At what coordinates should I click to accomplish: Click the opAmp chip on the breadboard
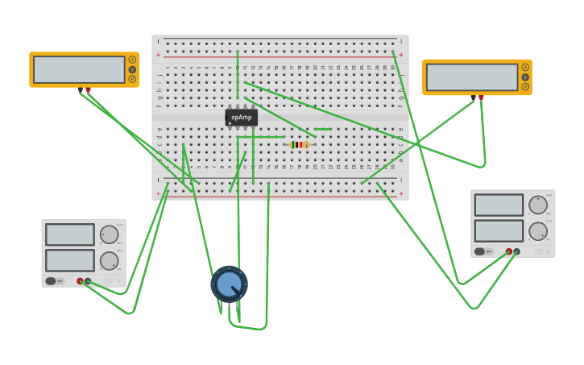(241, 118)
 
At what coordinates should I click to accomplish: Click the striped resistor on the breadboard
(300, 144)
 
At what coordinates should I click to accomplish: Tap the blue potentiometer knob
(229, 284)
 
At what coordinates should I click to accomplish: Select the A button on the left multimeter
(132, 60)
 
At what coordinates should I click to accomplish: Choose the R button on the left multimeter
(132, 79)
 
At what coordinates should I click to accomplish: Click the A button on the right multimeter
(525, 68)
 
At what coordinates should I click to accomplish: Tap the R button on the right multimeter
(525, 86)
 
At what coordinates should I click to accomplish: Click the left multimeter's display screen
(79, 69)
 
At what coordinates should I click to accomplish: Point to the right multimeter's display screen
(471, 77)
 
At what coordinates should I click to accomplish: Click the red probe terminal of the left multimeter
(88, 89)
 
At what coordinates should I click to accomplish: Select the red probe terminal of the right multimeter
(481, 97)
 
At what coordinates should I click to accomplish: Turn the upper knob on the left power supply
(109, 234)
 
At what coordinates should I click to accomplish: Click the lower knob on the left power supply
(109, 260)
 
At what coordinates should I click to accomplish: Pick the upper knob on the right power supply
(537, 205)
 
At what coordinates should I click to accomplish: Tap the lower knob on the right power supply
(537, 231)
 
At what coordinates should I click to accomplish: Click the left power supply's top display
(70, 234)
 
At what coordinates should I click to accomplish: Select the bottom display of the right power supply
(499, 231)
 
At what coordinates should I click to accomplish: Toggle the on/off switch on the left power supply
(51, 281)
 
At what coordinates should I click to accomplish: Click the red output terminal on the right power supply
(508, 251)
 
